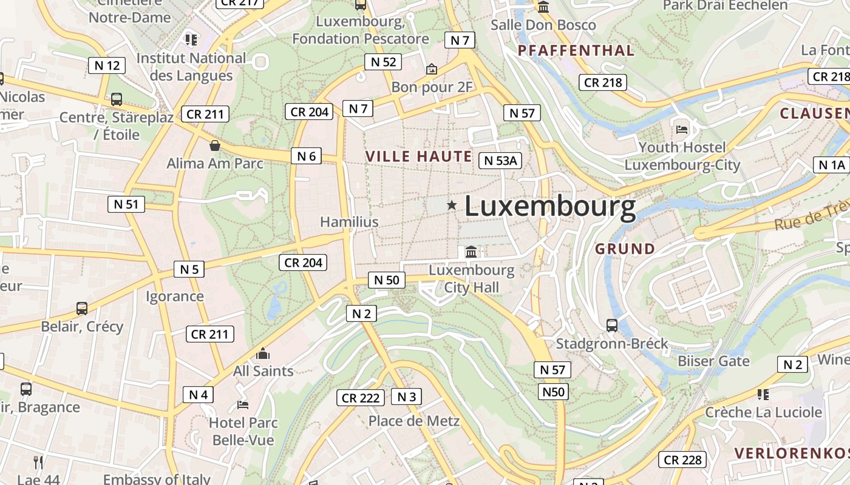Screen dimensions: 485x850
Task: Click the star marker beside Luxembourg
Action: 452,206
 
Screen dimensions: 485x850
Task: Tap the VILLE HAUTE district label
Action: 418,156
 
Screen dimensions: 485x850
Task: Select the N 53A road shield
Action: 500,160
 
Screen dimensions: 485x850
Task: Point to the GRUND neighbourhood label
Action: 625,249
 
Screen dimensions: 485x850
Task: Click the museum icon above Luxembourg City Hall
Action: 471,252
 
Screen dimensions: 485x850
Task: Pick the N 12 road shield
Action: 107,65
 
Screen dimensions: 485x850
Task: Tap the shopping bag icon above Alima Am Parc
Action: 214,145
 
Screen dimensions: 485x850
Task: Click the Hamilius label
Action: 349,222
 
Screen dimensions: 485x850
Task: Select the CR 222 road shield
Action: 361,398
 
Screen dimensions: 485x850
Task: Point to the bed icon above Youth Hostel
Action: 682,130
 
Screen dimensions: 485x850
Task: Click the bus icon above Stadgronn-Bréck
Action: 612,326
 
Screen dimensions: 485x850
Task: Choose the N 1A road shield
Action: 831,164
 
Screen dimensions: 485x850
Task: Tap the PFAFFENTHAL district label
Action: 576,50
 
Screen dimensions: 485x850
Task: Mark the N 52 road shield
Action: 383,61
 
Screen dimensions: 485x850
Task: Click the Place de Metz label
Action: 414,421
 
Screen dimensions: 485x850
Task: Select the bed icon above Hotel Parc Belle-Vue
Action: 243,404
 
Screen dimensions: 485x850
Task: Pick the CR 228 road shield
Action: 682,460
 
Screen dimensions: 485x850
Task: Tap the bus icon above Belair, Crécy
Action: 82,309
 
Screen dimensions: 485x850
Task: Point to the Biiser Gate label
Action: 713,361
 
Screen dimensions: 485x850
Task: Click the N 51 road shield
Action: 126,204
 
